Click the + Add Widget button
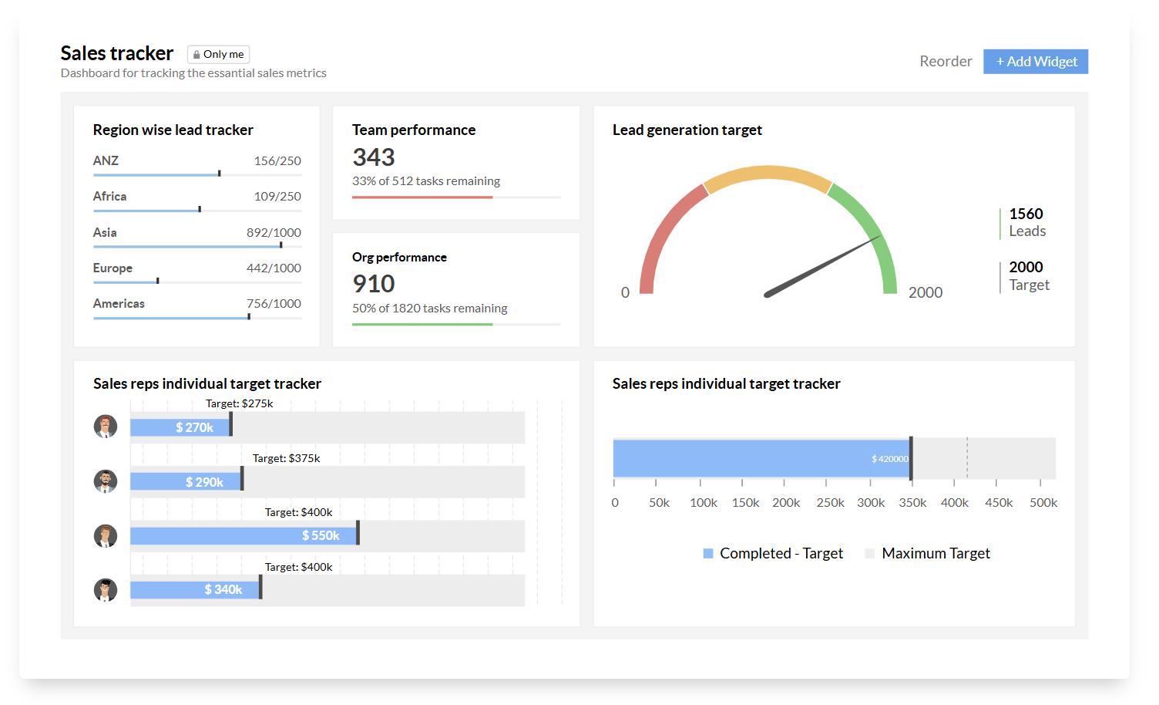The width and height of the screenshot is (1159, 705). click(1036, 61)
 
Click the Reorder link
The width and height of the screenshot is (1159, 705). click(946, 61)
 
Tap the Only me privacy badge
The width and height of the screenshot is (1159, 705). click(218, 54)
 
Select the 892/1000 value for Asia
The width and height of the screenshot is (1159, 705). click(274, 232)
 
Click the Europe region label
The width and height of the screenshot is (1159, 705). click(113, 268)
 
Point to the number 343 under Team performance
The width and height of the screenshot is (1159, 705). click(374, 157)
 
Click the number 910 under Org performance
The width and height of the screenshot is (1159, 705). click(374, 284)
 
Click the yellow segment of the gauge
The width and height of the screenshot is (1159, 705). click(768, 173)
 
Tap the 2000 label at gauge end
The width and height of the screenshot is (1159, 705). click(926, 292)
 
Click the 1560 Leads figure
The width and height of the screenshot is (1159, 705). click(1027, 222)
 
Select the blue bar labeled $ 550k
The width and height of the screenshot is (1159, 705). click(244, 535)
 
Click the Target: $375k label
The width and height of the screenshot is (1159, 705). click(286, 458)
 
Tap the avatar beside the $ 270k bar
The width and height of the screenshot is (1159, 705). click(106, 427)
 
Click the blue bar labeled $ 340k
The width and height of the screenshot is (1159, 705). click(195, 590)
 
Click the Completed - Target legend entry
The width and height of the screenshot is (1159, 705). click(773, 553)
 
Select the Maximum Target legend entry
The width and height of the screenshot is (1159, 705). click(927, 553)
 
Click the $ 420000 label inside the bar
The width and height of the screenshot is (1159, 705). click(889, 459)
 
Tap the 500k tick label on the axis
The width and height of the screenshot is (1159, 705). click(1043, 502)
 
